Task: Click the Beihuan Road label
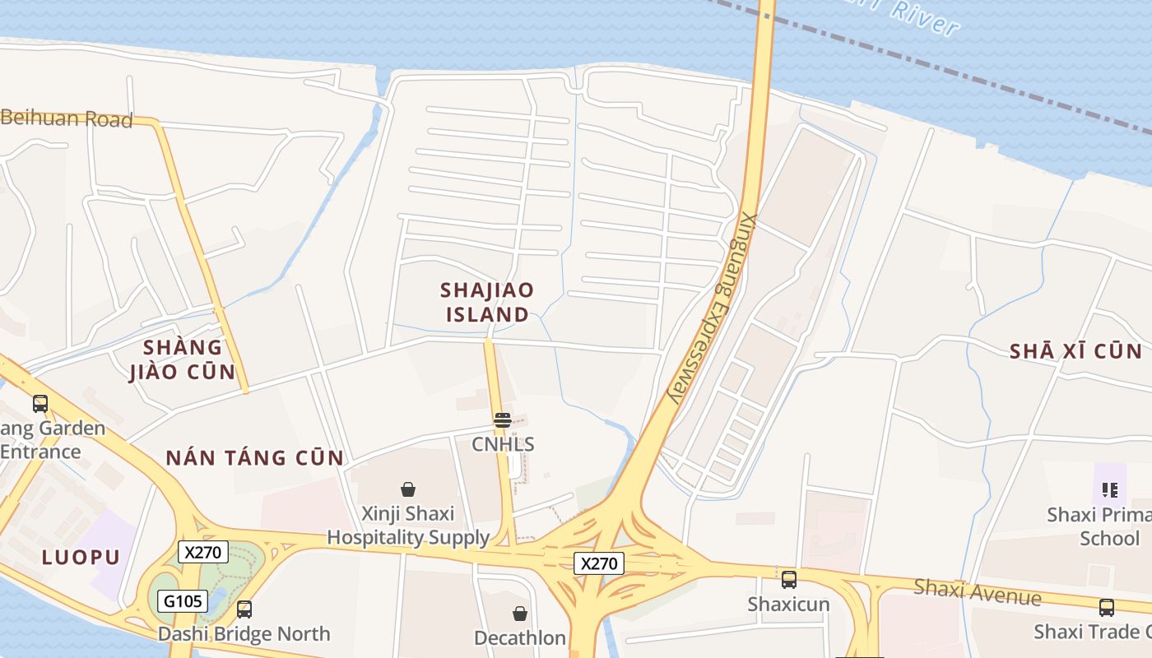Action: [66, 119]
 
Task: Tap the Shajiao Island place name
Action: [487, 302]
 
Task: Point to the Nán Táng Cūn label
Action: [255, 458]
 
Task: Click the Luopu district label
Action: [81, 557]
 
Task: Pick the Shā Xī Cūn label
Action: [1075, 351]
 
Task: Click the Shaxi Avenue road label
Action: [978, 591]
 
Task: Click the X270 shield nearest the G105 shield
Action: [202, 552]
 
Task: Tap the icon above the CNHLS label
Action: [503, 420]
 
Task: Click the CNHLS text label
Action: [503, 445]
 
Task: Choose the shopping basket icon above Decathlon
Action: [520, 614]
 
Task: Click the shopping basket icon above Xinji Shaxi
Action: [407, 489]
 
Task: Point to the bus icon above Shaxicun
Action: [788, 580]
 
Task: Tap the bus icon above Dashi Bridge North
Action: [244, 609]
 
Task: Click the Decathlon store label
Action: [520, 638]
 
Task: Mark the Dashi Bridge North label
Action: [244, 634]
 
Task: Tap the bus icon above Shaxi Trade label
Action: [1107, 608]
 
